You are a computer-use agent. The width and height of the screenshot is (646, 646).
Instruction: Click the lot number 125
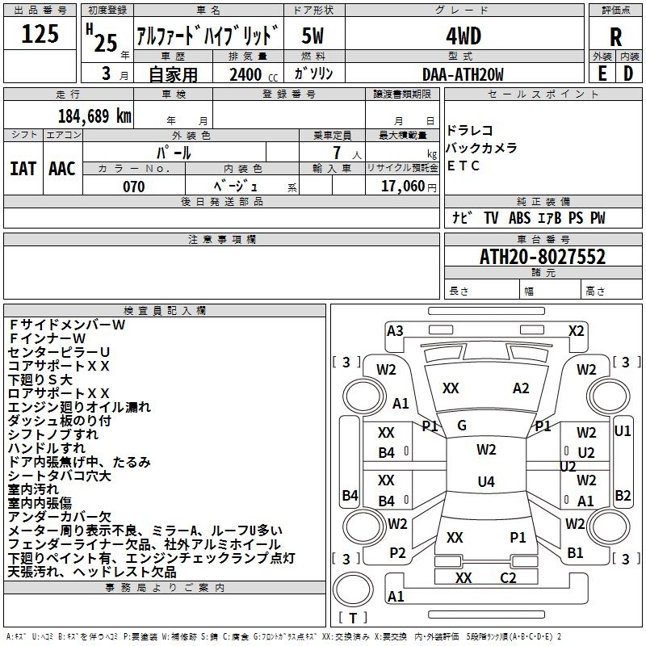(40, 35)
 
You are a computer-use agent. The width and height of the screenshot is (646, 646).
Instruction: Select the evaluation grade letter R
(615, 36)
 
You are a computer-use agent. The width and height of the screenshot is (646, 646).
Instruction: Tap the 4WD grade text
(464, 36)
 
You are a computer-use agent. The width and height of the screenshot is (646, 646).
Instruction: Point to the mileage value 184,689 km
(94, 115)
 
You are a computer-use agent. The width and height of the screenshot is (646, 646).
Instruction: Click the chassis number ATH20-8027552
(543, 257)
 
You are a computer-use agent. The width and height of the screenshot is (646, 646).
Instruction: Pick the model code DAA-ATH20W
(463, 74)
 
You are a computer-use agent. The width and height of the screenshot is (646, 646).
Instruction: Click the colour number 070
(134, 187)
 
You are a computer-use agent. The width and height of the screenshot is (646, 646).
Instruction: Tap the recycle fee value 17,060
(401, 187)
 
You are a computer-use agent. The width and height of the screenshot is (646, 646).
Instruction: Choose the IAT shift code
(23, 169)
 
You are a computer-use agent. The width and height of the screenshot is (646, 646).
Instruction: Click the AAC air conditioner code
(62, 169)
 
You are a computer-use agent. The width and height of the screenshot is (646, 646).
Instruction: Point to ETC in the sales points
(464, 166)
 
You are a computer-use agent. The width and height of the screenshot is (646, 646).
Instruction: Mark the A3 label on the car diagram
(395, 330)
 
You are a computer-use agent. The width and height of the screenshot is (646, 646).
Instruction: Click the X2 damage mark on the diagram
(576, 330)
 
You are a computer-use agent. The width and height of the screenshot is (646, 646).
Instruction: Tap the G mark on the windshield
(462, 426)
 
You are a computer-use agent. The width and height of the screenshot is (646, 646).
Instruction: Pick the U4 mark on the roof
(485, 482)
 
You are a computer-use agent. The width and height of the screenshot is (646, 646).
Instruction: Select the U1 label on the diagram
(623, 431)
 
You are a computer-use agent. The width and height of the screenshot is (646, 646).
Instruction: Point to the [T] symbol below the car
(352, 618)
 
